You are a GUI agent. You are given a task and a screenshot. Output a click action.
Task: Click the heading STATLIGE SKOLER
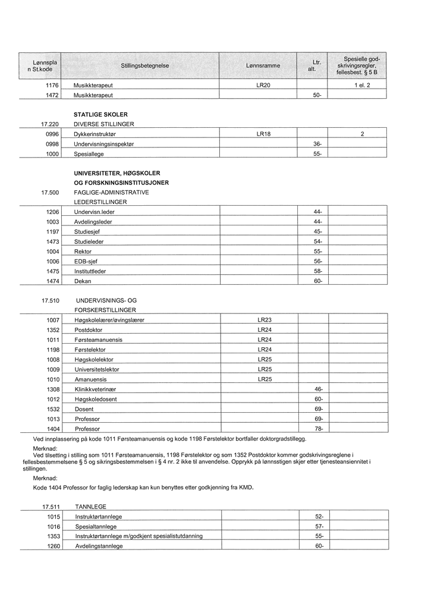[x=100, y=114]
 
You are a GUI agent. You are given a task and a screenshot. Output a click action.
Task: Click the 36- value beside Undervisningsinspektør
[x=317, y=145]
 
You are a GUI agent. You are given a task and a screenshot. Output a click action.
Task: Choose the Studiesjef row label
[x=87, y=232]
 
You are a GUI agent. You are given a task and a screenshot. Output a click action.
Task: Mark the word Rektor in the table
[x=83, y=252]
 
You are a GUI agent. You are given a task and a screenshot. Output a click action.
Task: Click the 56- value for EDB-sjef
[x=318, y=261]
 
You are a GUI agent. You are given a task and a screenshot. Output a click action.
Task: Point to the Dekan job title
[x=83, y=281]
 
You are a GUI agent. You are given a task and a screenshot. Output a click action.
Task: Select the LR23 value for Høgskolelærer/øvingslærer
[x=265, y=320]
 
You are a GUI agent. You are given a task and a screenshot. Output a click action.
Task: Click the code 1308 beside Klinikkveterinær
[x=53, y=389]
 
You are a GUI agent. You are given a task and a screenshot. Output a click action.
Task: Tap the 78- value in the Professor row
[x=319, y=428]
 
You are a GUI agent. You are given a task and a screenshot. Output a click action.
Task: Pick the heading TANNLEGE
[x=91, y=507]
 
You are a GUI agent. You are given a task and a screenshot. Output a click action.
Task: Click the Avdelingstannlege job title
[x=99, y=546]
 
